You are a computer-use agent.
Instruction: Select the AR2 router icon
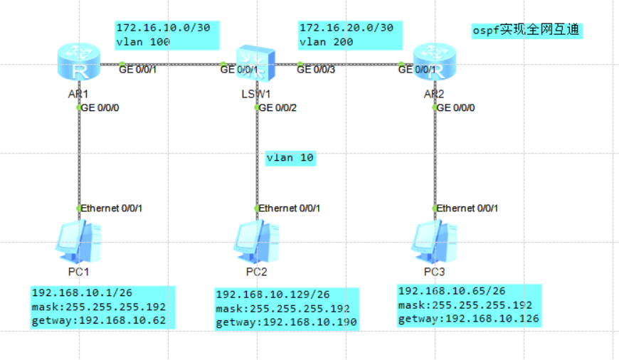(x=434, y=63)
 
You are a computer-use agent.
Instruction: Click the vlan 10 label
(x=290, y=158)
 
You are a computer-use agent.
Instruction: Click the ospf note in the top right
(x=527, y=31)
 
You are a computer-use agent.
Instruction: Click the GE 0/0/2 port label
(x=278, y=108)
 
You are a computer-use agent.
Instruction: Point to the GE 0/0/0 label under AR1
(x=100, y=108)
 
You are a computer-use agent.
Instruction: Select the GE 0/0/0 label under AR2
(x=456, y=108)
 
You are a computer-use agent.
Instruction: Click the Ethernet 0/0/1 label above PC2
(x=290, y=208)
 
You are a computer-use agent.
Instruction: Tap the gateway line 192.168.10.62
(x=99, y=321)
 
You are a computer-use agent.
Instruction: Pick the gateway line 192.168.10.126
(x=468, y=319)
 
